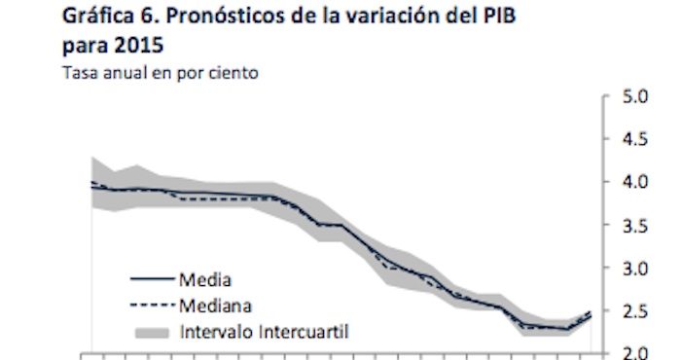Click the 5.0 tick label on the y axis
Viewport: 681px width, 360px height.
[635, 97]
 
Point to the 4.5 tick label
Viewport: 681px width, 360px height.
[635, 140]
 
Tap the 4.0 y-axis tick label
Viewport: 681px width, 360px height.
[635, 183]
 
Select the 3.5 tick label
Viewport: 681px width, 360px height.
[635, 226]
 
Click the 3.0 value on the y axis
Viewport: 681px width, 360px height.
[635, 269]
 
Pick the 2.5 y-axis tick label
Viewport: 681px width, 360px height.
[635, 311]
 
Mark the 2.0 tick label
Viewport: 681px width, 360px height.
[635, 352]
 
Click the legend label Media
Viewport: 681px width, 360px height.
[204, 280]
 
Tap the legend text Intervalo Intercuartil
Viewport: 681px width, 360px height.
[265, 332]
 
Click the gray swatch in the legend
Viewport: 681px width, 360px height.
[151, 332]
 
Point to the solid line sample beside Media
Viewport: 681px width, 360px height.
[151, 280]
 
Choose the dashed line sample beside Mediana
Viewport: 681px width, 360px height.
[151, 305]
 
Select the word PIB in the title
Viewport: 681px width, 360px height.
[493, 18]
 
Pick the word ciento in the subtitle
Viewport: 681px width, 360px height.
[235, 73]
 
